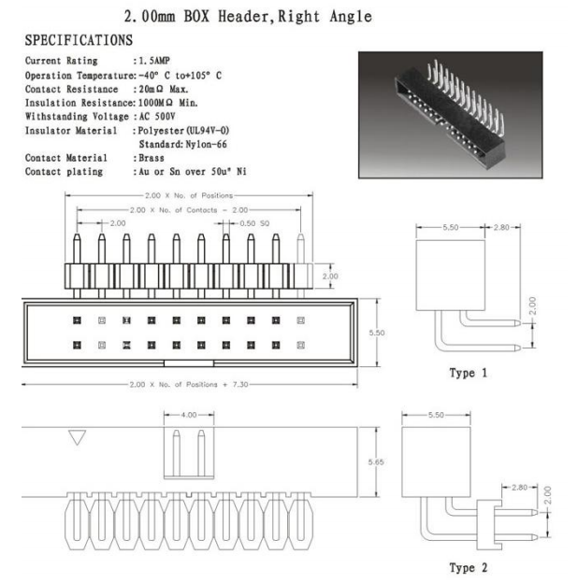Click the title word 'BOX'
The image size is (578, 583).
(x=197, y=17)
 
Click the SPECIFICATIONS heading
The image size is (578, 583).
(x=79, y=40)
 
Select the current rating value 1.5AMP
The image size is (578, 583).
(x=154, y=60)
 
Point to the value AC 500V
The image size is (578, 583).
(x=157, y=117)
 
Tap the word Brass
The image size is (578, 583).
(x=152, y=158)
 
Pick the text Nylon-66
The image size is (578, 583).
(x=206, y=144)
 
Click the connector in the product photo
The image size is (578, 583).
(x=450, y=114)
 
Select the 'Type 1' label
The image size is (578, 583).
(x=469, y=373)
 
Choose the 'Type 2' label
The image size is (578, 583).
(x=469, y=567)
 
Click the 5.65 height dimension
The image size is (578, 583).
(x=376, y=462)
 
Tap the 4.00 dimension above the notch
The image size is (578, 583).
(x=189, y=415)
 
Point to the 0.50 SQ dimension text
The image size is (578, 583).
(x=254, y=223)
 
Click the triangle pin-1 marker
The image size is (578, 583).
(x=78, y=437)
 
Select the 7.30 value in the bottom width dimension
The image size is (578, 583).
(x=240, y=384)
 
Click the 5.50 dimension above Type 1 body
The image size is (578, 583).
(x=451, y=227)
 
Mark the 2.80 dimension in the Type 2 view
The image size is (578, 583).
(x=520, y=487)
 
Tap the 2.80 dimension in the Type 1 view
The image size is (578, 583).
(x=501, y=227)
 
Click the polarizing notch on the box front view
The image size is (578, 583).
(x=189, y=363)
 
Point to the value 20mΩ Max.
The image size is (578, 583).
(x=164, y=90)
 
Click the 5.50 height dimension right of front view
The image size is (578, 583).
(x=377, y=333)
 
